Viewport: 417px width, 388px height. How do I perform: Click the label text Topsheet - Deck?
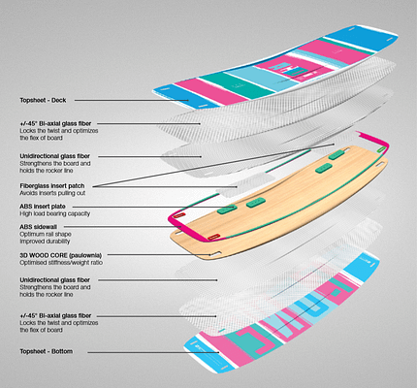coord(43,100)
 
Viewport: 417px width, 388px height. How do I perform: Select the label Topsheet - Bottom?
coord(47,351)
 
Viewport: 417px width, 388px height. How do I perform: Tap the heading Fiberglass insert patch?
coord(52,186)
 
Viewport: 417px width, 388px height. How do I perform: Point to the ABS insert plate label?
coord(43,207)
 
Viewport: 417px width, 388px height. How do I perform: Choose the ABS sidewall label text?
coord(38,227)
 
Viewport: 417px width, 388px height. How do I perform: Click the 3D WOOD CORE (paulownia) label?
coord(61,255)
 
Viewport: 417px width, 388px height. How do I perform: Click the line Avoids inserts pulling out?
coord(52,193)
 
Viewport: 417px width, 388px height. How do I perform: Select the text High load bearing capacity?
coord(55,213)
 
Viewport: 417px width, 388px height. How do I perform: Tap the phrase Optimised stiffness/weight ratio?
coord(61,263)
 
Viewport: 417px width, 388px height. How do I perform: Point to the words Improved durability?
coord(45,242)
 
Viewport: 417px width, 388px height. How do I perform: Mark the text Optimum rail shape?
coord(46,234)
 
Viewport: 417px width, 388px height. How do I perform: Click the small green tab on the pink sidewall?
coord(382,149)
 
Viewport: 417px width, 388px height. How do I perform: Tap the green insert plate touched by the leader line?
coord(227,210)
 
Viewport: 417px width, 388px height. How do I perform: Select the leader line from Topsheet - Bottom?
coord(153,352)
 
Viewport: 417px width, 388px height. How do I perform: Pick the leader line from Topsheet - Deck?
coord(132,100)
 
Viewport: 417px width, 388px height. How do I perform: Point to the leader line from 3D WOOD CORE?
coord(159,255)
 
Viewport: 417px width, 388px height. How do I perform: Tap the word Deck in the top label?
coord(59,100)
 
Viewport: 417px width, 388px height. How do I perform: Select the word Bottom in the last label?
coord(62,351)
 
